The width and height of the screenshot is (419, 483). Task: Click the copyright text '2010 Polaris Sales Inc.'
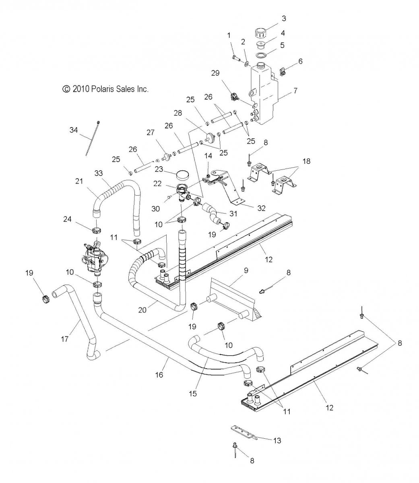coord(110,89)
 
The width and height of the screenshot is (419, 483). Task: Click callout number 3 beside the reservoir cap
coord(284,19)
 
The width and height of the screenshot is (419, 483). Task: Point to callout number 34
coord(74,130)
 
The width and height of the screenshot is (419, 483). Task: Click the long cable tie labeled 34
coord(92,138)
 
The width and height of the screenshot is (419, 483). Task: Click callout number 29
coord(215,73)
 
